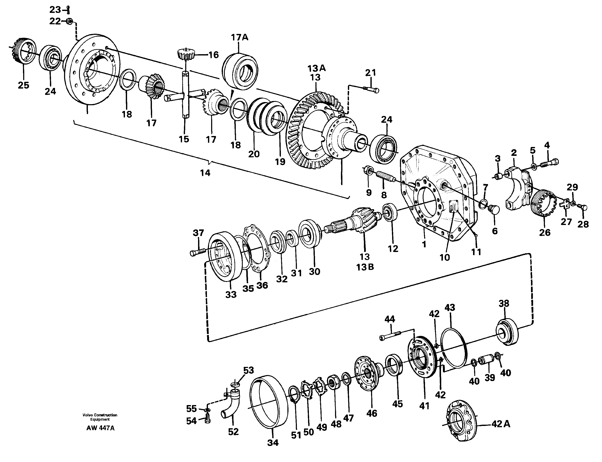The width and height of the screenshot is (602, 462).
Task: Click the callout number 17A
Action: [x=239, y=37]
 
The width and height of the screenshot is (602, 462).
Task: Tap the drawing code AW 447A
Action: [x=100, y=428]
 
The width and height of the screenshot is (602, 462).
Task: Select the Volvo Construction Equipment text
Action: [x=100, y=417]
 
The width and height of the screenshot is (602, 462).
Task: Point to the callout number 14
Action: [x=205, y=173]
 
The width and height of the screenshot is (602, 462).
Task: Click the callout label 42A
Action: [x=501, y=424]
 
